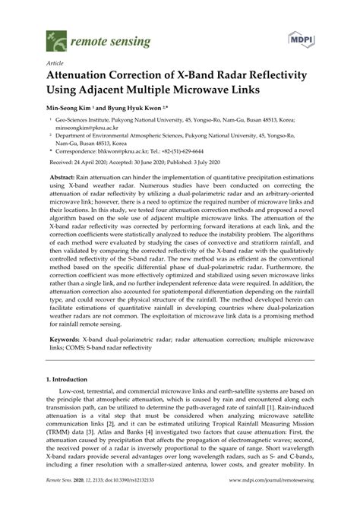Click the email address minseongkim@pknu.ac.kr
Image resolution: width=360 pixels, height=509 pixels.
(90, 129)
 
